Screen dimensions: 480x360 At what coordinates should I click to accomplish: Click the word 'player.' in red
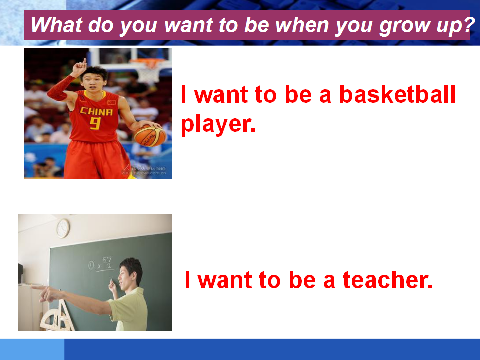(218, 125)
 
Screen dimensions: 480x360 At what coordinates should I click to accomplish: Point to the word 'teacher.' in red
(387, 280)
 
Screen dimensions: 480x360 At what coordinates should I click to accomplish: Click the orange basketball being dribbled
(150, 136)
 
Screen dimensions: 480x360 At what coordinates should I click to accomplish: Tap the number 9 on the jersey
(95, 123)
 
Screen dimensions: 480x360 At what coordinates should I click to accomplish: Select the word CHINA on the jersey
(96, 111)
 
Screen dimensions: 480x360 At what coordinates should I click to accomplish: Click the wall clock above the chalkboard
(63, 228)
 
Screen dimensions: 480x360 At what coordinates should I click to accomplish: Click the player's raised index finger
(85, 62)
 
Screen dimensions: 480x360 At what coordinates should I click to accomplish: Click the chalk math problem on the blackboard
(101, 264)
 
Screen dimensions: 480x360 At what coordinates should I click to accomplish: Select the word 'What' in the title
(57, 25)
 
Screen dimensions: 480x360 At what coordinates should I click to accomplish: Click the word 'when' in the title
(302, 25)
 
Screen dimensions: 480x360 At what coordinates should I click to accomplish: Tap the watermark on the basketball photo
(144, 170)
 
